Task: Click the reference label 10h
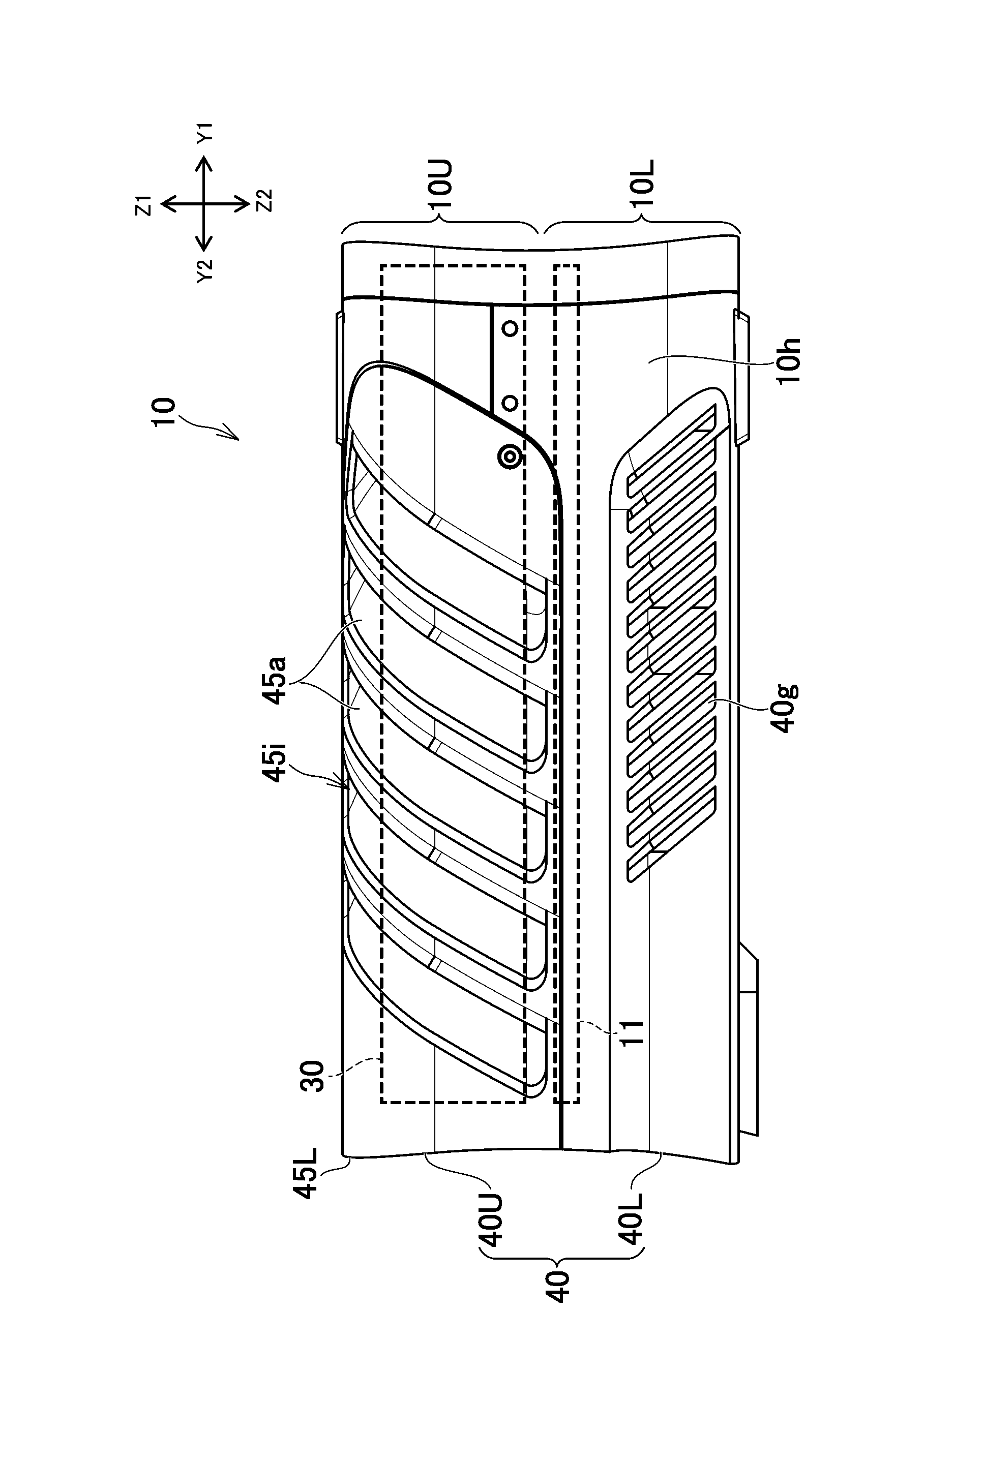click(789, 361)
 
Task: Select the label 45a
click(276, 680)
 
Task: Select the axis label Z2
click(265, 201)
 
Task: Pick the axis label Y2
click(205, 271)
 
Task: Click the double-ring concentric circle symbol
click(510, 457)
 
